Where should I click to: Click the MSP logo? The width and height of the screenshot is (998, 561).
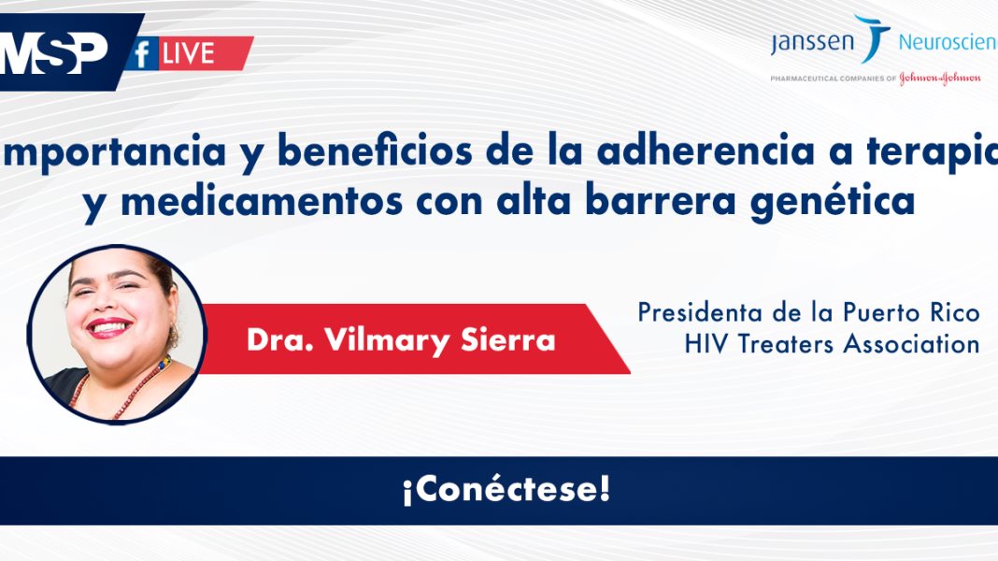pyautogui.click(x=54, y=53)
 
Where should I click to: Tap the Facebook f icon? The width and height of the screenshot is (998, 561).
pyautogui.click(x=142, y=55)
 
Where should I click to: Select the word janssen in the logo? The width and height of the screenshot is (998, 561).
pyautogui.click(x=811, y=43)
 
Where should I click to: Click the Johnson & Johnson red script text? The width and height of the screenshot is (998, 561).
pyautogui.click(x=939, y=79)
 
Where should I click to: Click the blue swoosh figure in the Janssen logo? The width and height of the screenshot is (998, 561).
pyautogui.click(x=873, y=37)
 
